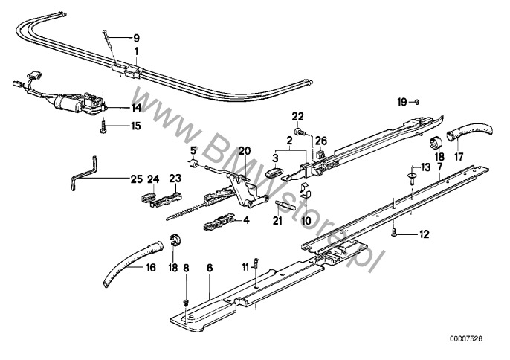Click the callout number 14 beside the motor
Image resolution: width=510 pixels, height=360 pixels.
(137, 108)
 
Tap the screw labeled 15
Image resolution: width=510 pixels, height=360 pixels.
(103, 126)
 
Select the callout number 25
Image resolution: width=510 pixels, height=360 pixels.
(137, 179)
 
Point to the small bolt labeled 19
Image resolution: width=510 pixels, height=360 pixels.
(417, 102)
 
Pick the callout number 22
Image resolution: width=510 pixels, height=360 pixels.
(297, 116)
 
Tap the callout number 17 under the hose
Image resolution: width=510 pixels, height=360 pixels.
(459, 157)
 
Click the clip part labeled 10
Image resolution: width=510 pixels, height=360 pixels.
(305, 194)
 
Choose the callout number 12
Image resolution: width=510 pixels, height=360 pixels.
(425, 234)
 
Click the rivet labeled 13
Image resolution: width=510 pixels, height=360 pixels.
(412, 175)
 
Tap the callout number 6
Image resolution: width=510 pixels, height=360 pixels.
(210, 268)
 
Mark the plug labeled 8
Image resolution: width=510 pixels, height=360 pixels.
(187, 303)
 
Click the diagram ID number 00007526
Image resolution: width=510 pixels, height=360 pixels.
(466, 339)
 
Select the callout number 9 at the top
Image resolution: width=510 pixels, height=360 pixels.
(137, 39)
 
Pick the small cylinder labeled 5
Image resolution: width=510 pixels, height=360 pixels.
(194, 163)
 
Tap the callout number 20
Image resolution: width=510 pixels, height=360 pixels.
(245, 151)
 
